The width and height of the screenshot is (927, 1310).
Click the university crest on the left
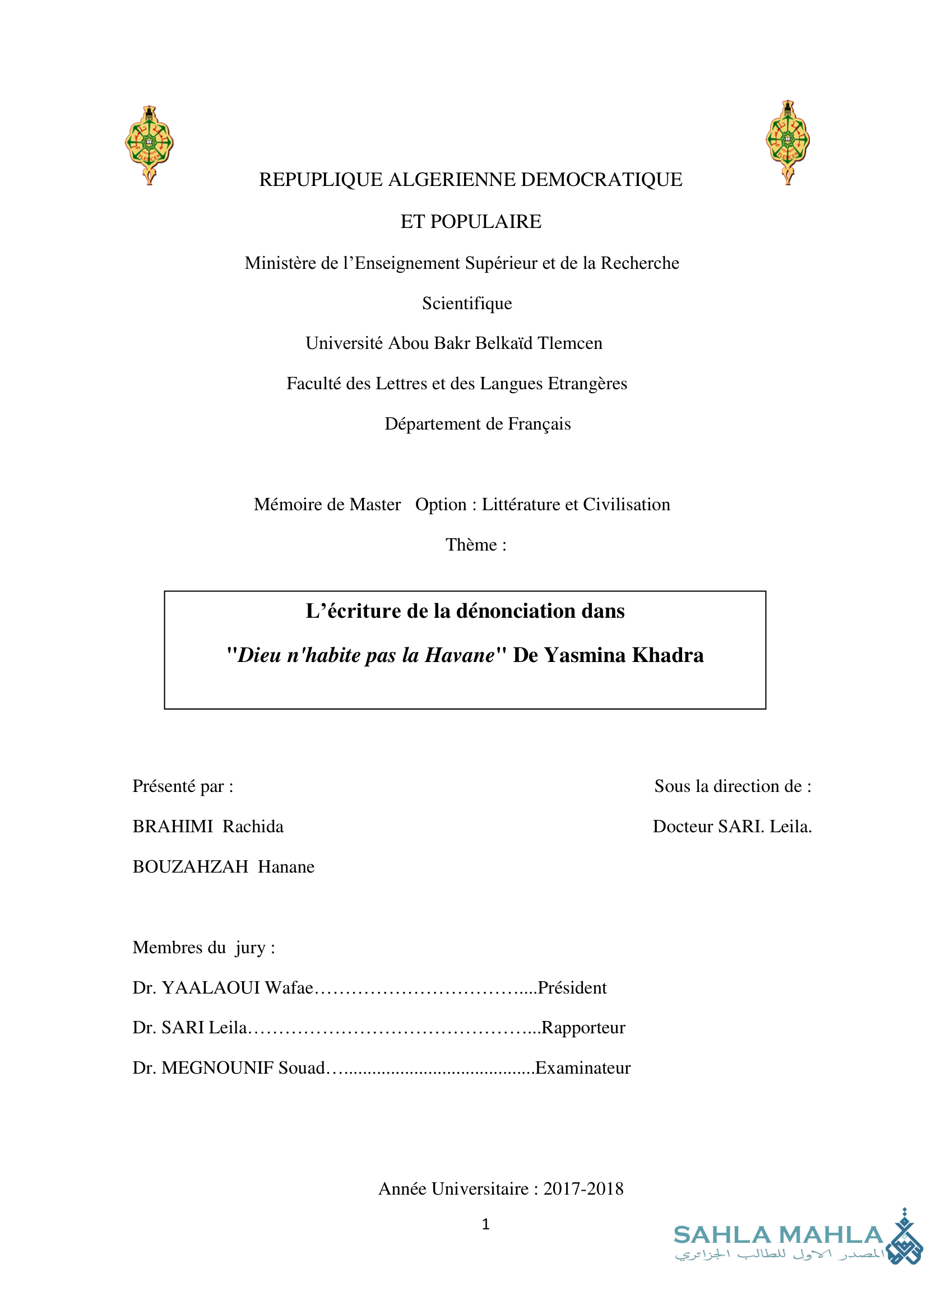(x=149, y=145)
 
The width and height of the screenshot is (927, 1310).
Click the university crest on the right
(x=787, y=142)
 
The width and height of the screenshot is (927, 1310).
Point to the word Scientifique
(x=467, y=303)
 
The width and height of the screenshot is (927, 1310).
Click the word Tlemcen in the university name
(x=569, y=343)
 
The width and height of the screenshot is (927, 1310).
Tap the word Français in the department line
(x=539, y=424)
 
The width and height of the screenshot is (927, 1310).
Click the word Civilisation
(x=626, y=505)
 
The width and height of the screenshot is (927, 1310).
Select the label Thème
(x=471, y=545)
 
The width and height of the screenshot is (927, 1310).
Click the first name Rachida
(x=253, y=826)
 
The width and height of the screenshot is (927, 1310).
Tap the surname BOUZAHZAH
(x=191, y=866)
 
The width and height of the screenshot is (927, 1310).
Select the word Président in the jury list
(x=572, y=987)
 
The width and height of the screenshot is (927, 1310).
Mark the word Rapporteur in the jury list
(x=583, y=1028)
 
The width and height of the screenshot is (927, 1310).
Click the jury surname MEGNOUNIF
(x=217, y=1068)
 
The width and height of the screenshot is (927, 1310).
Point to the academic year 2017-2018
(x=583, y=1189)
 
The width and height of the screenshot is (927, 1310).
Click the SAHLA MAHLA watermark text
(x=778, y=1236)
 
